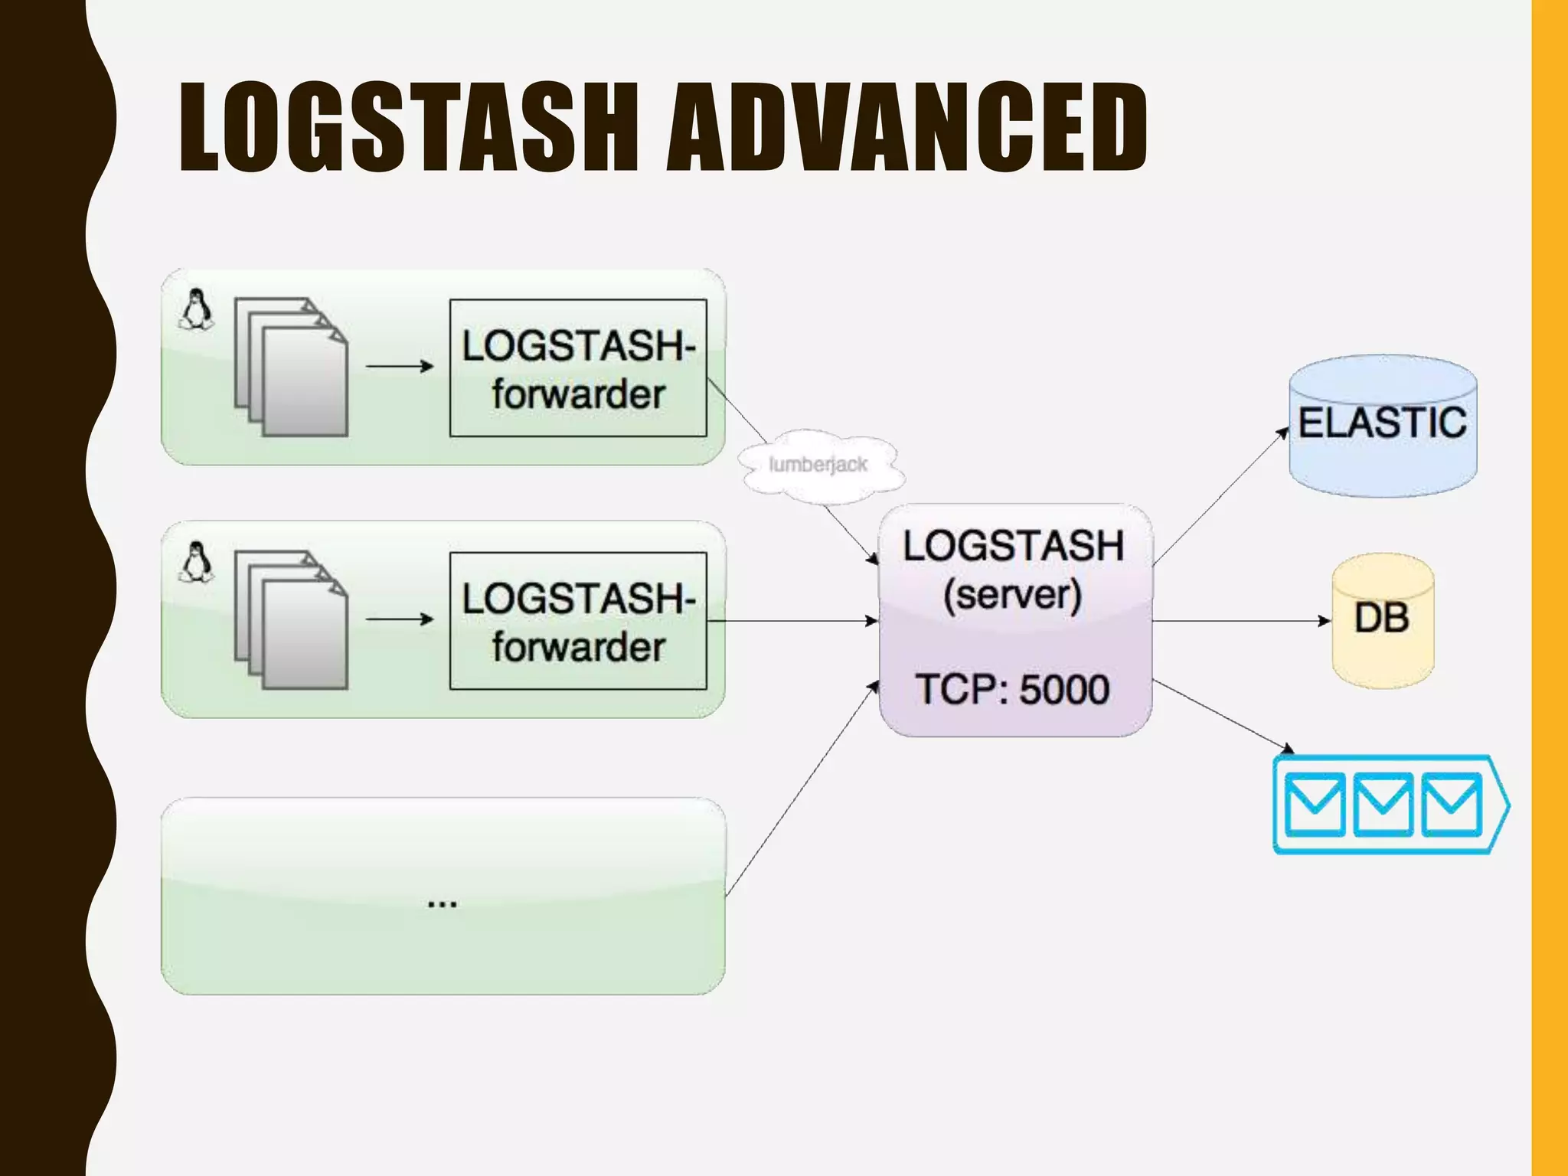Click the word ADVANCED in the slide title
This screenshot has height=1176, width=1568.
point(906,127)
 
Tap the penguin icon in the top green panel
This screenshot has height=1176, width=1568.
point(197,309)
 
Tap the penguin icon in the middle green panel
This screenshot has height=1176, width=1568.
point(197,562)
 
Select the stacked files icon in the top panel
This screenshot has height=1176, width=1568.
point(291,367)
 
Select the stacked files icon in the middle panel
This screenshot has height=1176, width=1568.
point(291,620)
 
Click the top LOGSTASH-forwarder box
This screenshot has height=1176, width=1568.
point(578,368)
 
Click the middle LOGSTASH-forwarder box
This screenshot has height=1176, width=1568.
point(578,621)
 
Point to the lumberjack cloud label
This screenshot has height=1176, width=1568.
point(818,465)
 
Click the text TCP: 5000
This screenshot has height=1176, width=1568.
point(1012,689)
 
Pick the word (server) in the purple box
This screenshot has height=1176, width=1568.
point(1012,594)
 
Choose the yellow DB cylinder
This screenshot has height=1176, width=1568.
point(1382,621)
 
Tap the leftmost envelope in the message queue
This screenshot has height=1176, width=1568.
point(1315,804)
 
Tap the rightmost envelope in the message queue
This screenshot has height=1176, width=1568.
point(1452,804)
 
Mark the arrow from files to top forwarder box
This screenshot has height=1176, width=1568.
point(400,366)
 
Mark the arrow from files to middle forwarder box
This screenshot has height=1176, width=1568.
point(400,619)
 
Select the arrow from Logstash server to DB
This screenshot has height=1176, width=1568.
point(1240,621)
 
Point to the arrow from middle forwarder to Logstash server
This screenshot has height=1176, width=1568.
point(792,621)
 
